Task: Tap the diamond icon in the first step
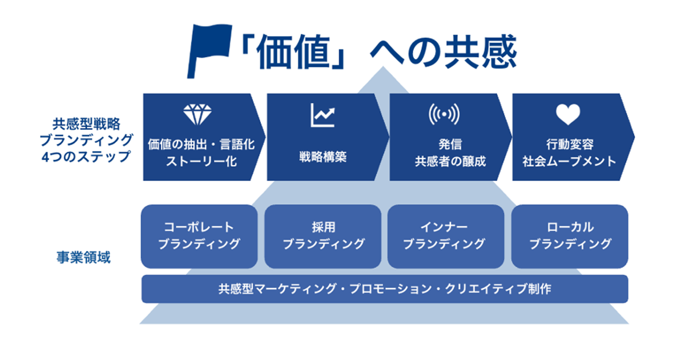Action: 198,115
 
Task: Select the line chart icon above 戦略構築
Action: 323,115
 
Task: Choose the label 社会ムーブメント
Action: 569,162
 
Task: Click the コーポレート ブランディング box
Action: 199,236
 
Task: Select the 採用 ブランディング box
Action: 323,236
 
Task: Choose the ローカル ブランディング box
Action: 570,236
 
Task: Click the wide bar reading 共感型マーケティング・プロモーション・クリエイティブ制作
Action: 384,289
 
